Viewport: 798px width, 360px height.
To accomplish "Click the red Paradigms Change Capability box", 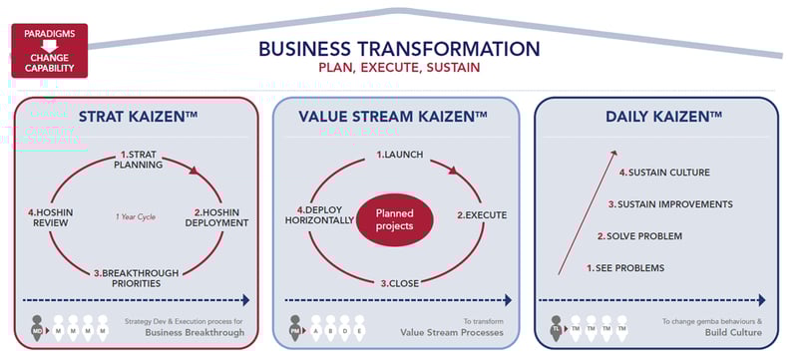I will pyautogui.click(x=49, y=51).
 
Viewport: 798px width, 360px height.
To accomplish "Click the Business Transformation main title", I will pyautogui.click(x=399, y=48).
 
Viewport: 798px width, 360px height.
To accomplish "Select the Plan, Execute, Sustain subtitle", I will pyautogui.click(x=399, y=69).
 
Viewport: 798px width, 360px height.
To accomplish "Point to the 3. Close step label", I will pyautogui.click(x=398, y=283).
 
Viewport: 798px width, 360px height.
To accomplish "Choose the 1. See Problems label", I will pyautogui.click(x=625, y=268).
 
